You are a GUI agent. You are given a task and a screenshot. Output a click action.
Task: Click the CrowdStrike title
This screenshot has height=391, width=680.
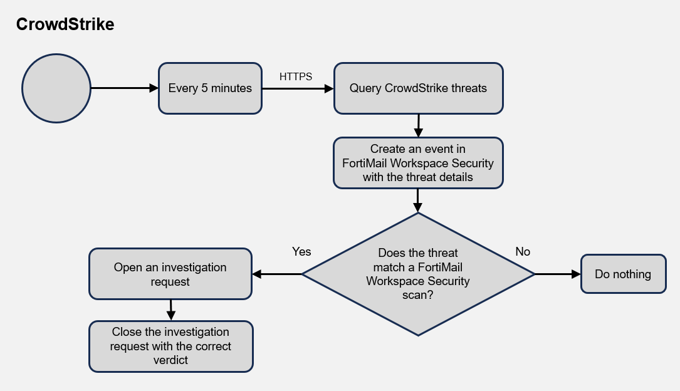pyautogui.click(x=65, y=24)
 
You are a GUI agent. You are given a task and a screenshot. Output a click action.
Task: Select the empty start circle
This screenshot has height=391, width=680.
pyautogui.click(x=56, y=88)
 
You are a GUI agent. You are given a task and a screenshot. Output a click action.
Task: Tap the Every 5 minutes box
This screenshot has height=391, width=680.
pyautogui.click(x=211, y=88)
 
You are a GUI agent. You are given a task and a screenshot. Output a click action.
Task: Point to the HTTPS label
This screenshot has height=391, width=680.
pyautogui.click(x=296, y=76)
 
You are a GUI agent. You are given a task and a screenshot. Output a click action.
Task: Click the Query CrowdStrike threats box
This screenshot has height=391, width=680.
pyautogui.click(x=419, y=88)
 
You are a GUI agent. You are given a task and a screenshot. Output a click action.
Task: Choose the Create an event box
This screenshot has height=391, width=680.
pyautogui.click(x=418, y=163)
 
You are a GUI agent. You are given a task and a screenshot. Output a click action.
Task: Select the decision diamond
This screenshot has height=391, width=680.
pyautogui.click(x=418, y=274)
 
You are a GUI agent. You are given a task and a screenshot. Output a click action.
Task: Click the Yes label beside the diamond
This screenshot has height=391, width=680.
pyautogui.click(x=301, y=251)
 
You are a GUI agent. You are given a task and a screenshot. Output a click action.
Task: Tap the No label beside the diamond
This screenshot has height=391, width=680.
pyautogui.click(x=523, y=251)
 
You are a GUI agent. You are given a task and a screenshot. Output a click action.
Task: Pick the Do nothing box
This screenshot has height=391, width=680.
pyautogui.click(x=624, y=274)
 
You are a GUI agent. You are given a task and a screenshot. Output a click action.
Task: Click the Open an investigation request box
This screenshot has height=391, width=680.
pyautogui.click(x=170, y=274)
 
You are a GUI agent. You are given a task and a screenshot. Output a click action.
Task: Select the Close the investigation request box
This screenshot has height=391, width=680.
pyautogui.click(x=171, y=347)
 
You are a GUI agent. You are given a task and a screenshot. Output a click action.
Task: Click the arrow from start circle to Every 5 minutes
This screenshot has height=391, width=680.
pyautogui.click(x=125, y=88)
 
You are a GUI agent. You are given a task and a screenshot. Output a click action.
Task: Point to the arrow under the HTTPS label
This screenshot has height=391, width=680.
pyautogui.click(x=298, y=88)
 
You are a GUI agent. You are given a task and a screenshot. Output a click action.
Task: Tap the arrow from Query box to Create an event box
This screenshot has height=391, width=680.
pyautogui.click(x=419, y=126)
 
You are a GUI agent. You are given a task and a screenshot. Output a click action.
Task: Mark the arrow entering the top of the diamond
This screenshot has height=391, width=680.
pyautogui.click(x=417, y=201)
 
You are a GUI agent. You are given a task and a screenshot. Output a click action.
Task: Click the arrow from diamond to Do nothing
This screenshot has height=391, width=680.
pyautogui.click(x=558, y=274)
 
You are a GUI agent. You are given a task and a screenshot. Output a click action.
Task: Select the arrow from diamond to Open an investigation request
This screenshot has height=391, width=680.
pyautogui.click(x=276, y=274)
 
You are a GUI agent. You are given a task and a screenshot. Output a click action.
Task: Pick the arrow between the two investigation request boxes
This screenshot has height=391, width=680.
pyautogui.click(x=171, y=310)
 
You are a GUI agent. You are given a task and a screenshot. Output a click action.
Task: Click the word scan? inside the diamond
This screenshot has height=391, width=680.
pyautogui.click(x=417, y=295)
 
